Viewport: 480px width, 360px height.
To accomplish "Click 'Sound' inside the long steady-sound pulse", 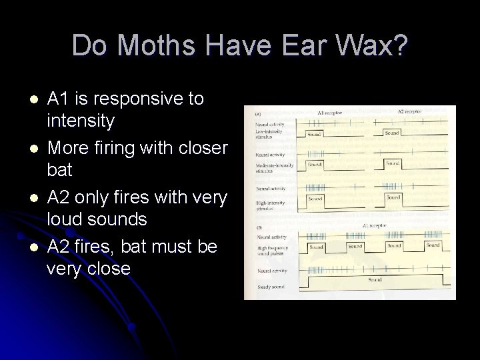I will tap(375, 279).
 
